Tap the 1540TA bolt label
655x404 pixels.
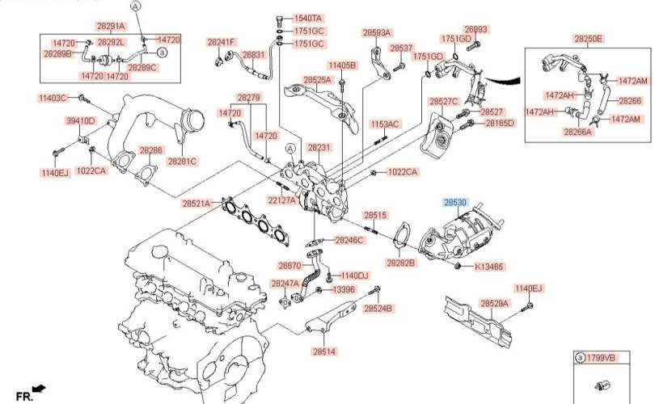(x=307, y=18)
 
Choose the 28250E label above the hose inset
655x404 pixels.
(x=589, y=38)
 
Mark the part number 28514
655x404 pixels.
(x=323, y=351)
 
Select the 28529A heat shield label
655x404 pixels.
(x=494, y=303)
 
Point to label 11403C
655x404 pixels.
(x=53, y=98)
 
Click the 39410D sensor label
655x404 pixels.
(x=80, y=121)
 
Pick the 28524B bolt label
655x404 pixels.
(x=378, y=309)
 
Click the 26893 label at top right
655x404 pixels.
(x=476, y=29)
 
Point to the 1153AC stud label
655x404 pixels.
(x=385, y=124)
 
